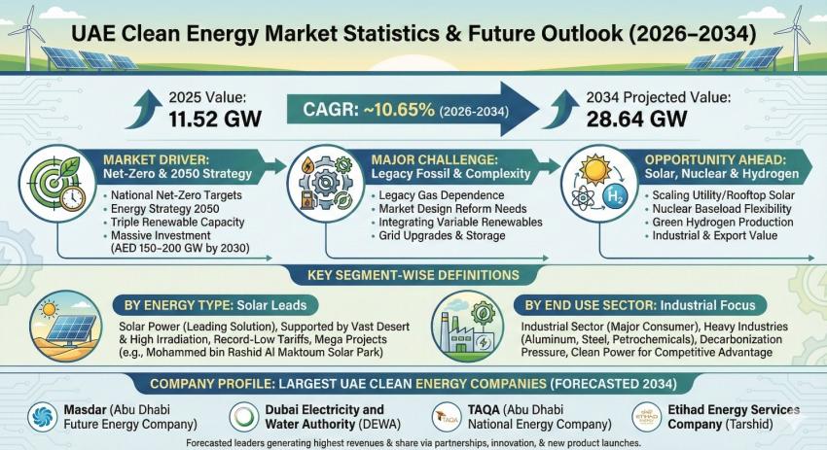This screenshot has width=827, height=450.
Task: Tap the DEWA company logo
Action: pos(243,416)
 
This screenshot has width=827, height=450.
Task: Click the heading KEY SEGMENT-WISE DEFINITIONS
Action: pos(413,275)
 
